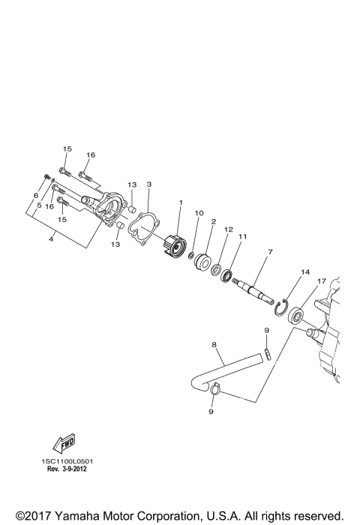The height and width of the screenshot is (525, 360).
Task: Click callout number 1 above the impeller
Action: tap(180, 202)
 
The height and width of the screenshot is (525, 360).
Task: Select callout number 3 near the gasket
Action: tap(149, 184)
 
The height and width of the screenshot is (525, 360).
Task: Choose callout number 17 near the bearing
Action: tap(320, 281)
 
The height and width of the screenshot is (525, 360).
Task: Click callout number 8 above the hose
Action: tap(214, 346)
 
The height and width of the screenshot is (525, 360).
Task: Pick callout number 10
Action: tap(199, 213)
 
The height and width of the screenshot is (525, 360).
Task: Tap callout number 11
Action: tap(243, 237)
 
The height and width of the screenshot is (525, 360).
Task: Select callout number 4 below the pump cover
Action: tap(51, 239)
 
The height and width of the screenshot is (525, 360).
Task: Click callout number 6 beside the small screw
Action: tap(34, 196)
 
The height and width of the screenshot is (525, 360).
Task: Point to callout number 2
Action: tap(214, 222)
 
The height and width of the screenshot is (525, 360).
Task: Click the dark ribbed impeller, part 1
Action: tap(174, 245)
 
